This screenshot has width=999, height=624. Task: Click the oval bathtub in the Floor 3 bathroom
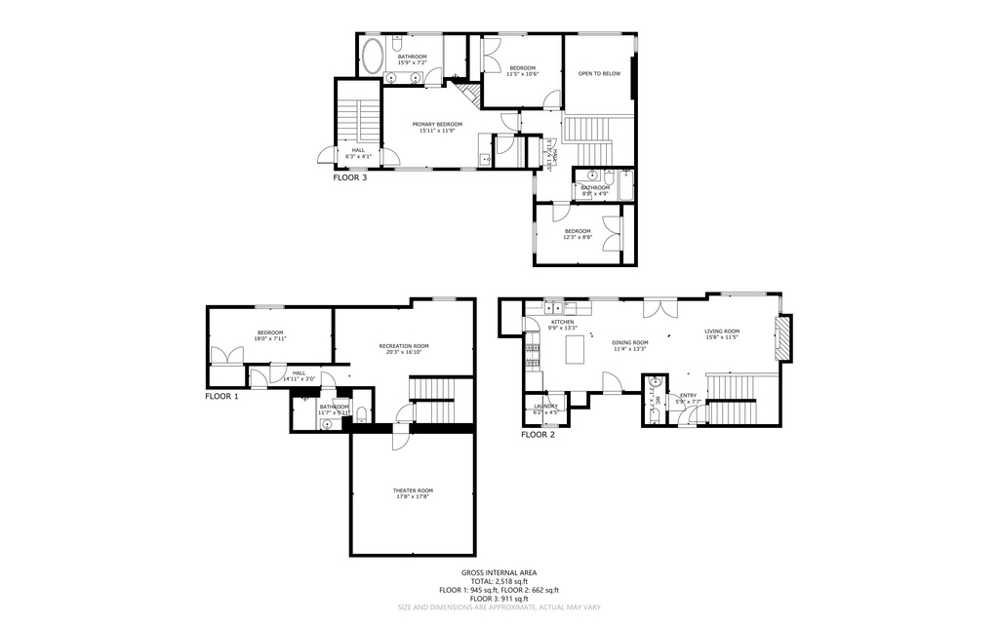coord(372,55)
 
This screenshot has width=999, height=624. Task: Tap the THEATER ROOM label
coord(413,490)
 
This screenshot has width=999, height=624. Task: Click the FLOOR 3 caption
coord(350,178)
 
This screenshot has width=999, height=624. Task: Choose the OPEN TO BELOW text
coord(599,73)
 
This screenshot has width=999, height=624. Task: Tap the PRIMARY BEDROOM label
coord(436,124)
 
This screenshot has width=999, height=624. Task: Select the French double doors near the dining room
coord(660,308)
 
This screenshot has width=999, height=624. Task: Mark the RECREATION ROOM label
coord(404,346)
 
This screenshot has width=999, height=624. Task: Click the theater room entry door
coord(400,438)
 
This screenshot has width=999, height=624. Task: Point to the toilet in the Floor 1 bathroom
coord(360,413)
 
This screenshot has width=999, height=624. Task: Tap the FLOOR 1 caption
coord(220,396)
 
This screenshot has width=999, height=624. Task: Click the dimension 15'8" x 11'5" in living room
coord(722,337)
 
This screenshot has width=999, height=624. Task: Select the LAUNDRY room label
coord(545,406)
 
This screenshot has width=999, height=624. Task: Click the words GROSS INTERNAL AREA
coord(499,572)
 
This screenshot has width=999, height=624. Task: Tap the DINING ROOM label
coord(629,342)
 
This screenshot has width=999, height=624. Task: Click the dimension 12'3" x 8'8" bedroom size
coord(577,237)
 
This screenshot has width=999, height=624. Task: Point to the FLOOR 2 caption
coord(538,435)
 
